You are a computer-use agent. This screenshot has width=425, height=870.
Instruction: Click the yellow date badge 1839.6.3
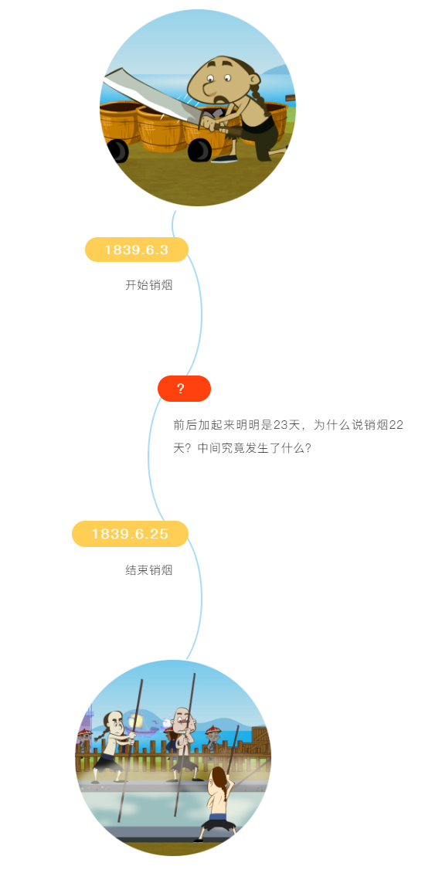pyautogui.click(x=137, y=250)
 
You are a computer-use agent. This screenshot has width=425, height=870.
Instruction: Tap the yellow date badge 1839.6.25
pyautogui.click(x=130, y=534)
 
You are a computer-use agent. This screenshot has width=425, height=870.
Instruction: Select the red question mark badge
pyautogui.click(x=184, y=389)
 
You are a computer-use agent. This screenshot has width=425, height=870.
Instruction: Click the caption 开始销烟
pyautogui.click(x=148, y=285)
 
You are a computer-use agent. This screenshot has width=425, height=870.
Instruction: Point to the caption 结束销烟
pyautogui.click(x=148, y=570)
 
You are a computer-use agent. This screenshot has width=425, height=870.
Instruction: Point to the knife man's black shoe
pyautogui.click(x=224, y=159)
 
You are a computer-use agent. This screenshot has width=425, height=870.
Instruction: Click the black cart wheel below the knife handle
pyautogui.click(x=199, y=150)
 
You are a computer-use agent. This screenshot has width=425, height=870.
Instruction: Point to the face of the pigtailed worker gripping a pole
pyautogui.click(x=116, y=723)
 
